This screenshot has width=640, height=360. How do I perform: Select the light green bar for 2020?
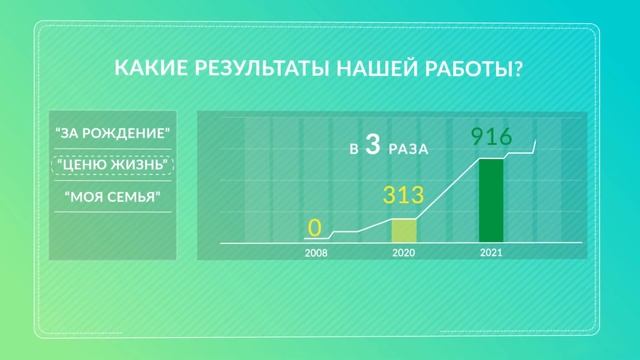pos(403,230)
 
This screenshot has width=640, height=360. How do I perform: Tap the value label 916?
pos(492,137)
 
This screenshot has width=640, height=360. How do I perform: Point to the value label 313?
pos(404,194)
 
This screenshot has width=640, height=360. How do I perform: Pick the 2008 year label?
pos(316,254)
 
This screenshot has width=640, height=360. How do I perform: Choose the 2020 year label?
pos(403,254)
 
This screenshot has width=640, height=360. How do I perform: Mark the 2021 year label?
pos(491,254)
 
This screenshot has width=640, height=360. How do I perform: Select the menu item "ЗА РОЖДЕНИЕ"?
pos(113,133)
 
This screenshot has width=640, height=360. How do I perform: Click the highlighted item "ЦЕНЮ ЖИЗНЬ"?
pos(113,165)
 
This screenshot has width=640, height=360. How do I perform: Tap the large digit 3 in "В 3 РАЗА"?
pos(372,146)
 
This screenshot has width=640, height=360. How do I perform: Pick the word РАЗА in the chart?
pos(410,149)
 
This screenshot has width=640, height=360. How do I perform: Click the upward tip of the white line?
pos(537,141)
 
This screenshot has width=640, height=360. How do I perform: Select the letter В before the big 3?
pos(353,150)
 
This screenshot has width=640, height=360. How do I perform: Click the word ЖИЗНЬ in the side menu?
pos(138,165)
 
